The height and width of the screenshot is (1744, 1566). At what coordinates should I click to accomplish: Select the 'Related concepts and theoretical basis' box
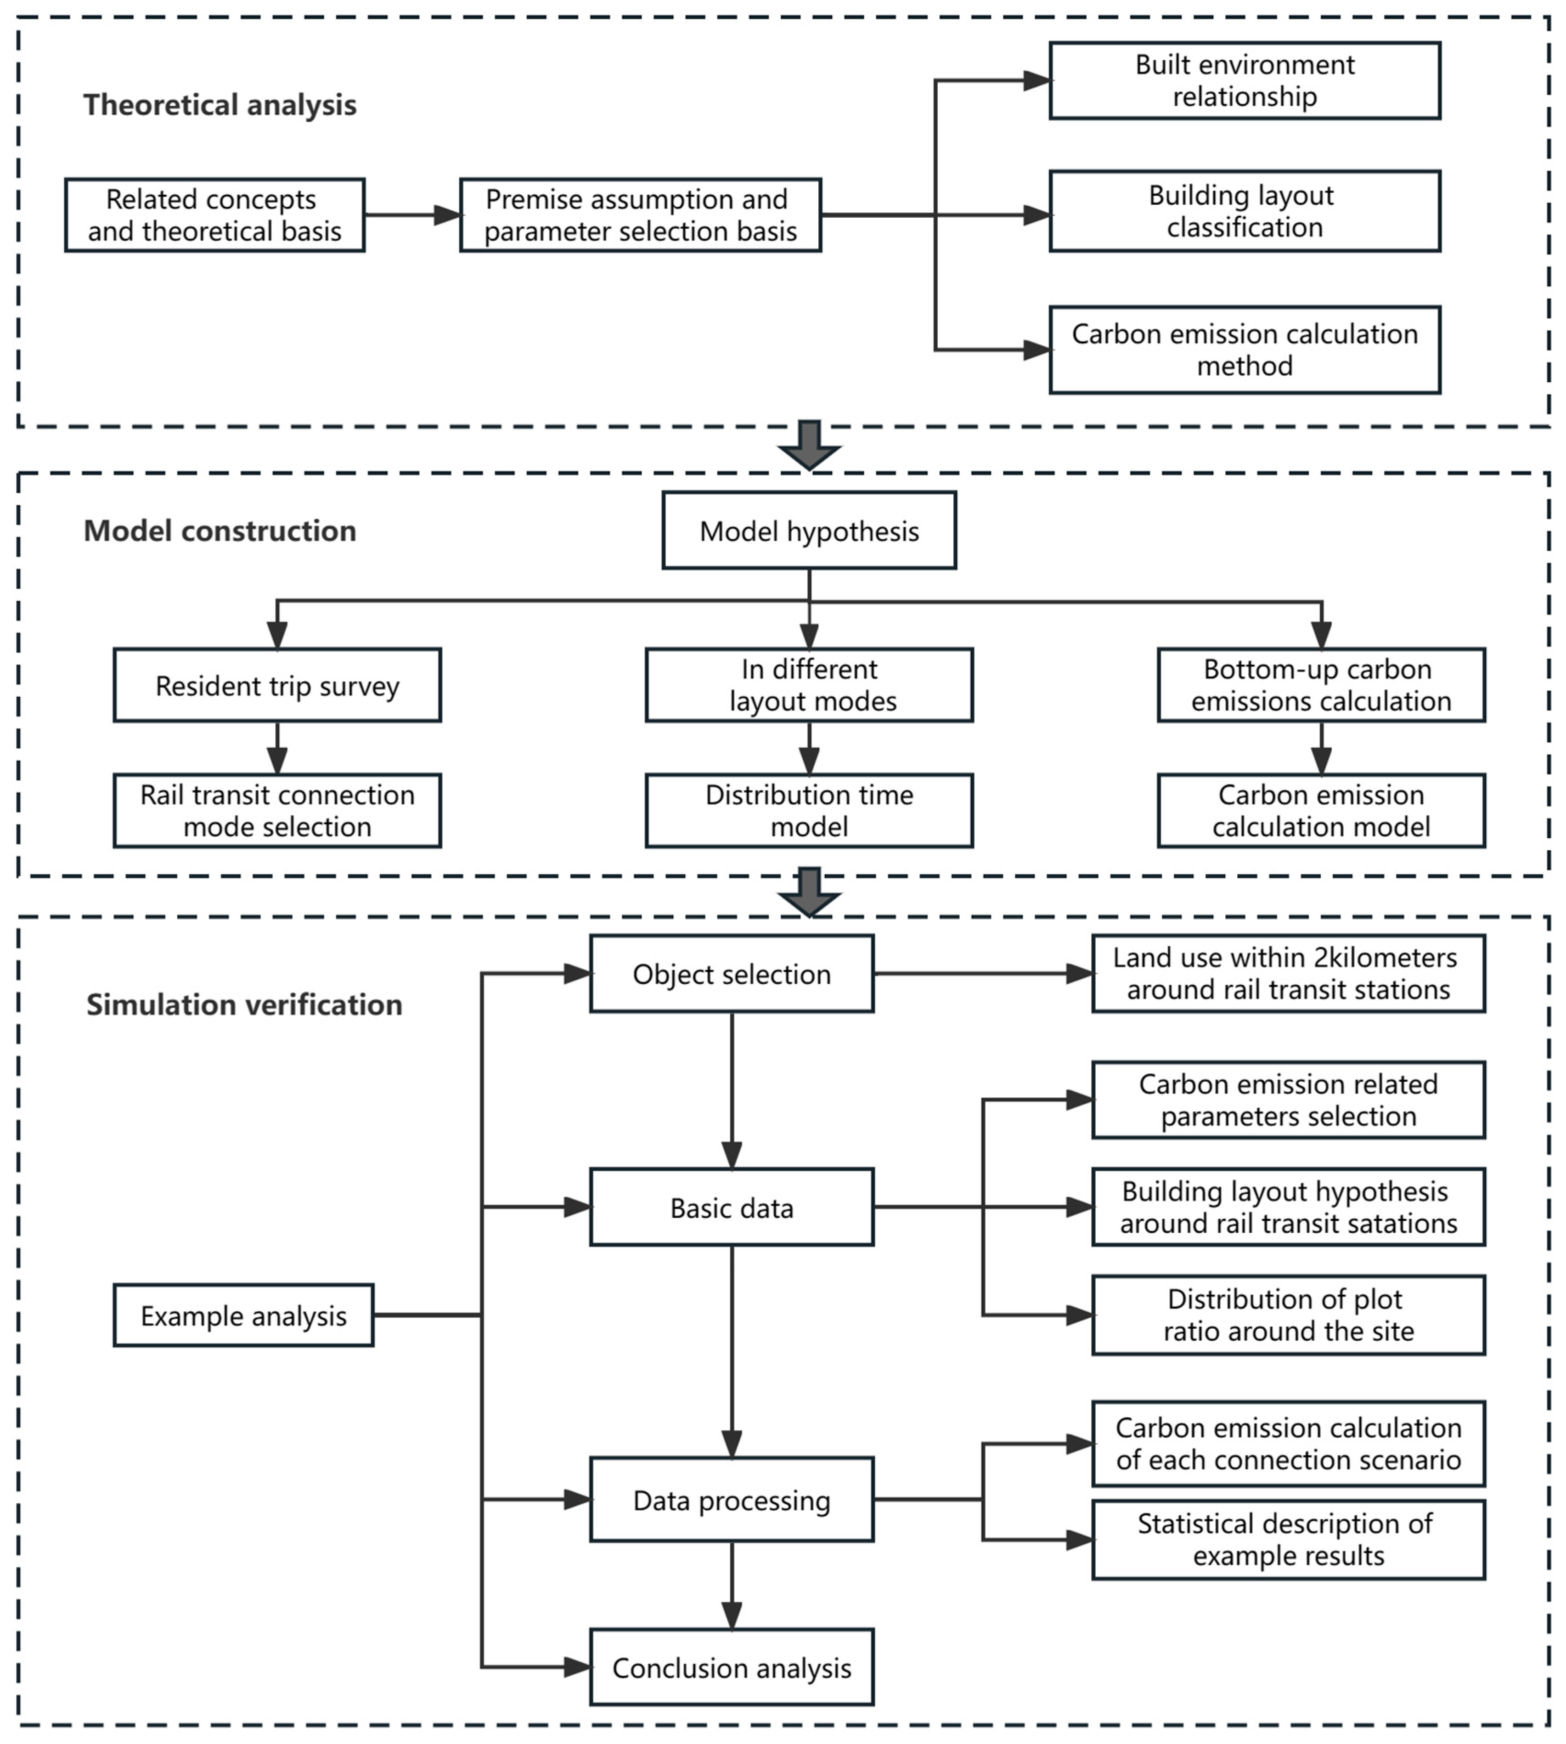point(214,215)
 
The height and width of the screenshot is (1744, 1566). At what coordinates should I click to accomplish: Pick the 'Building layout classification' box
point(1244,212)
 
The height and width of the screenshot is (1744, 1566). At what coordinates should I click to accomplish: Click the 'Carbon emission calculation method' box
point(1244,350)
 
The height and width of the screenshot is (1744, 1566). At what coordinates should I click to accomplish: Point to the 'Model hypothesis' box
point(809,531)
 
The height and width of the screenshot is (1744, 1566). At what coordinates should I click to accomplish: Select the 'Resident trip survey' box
point(277,686)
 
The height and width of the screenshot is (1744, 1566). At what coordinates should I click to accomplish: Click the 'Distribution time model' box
point(809,811)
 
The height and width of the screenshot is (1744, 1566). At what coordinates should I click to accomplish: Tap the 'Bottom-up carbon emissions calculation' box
point(1321,686)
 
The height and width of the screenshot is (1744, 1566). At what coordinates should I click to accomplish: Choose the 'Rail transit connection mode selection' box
point(277,811)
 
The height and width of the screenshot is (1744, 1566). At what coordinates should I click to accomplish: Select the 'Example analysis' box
point(243,1315)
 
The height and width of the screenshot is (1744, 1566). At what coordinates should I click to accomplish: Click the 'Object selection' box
point(732,974)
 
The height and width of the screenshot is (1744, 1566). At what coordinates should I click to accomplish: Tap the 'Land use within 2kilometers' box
point(1288,974)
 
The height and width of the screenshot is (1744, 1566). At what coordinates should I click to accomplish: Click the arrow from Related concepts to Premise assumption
point(412,215)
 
